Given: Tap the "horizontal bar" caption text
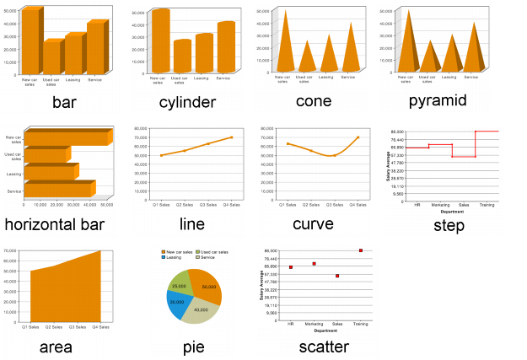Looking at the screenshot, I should coord(54,224).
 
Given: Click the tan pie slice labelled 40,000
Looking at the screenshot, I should coord(202,310).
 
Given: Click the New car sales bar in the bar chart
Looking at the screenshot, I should coord(30,42).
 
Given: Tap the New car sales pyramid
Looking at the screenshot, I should coord(409,46).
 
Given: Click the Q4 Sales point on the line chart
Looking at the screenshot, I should coord(231,137).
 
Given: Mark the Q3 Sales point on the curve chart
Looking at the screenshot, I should coord(335,155).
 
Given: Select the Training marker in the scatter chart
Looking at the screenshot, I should coord(361,250).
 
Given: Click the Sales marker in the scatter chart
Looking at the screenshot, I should coord(337,276).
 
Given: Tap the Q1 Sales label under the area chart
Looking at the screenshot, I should coord(30,327).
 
